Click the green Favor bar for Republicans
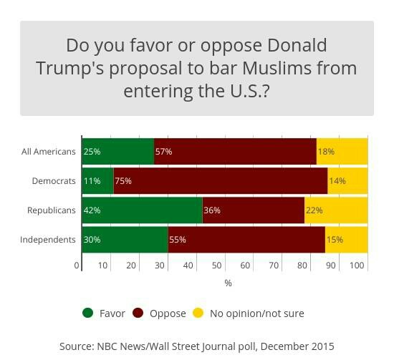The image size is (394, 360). click(x=142, y=210)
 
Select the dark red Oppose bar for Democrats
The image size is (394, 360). click(x=220, y=181)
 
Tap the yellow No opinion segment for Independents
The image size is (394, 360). click(x=346, y=240)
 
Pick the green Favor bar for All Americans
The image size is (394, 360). click(x=117, y=152)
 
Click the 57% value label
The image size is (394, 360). click(x=163, y=152)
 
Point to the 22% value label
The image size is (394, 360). click(x=314, y=210)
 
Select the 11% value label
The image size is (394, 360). click(x=92, y=181)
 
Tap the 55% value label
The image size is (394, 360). click(x=177, y=240)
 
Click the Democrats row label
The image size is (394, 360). click(x=54, y=181)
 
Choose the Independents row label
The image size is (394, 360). click(x=48, y=240)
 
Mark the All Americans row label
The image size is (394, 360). click(x=48, y=152)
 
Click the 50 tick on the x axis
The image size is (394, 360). click(x=217, y=266)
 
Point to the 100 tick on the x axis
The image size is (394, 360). click(x=357, y=266)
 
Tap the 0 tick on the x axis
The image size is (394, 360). click(x=77, y=266)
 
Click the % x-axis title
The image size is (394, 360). click(x=228, y=283)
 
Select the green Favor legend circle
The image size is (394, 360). click(x=88, y=313)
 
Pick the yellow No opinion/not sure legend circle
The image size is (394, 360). click(x=198, y=313)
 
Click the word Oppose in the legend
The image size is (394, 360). click(x=168, y=313)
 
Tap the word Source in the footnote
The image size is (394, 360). click(x=76, y=346)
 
